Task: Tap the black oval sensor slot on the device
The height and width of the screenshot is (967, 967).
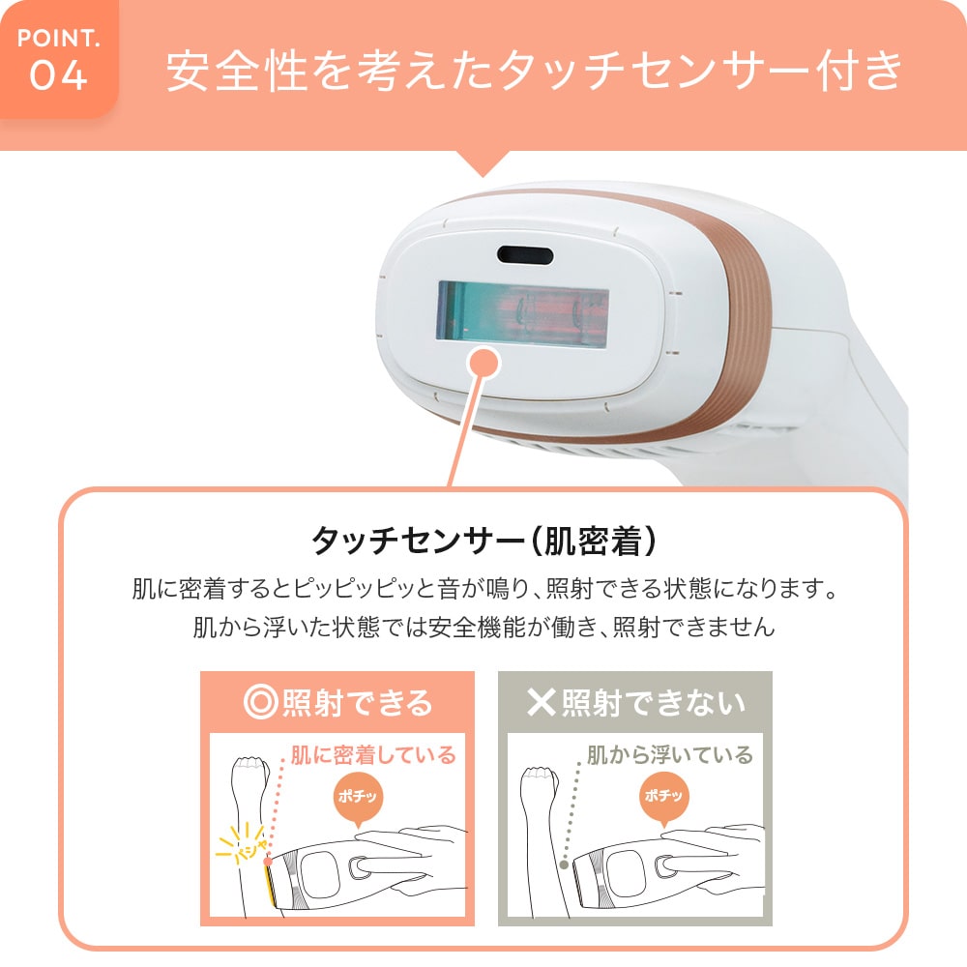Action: [x=525, y=255]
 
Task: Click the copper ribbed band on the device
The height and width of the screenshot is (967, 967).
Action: [x=745, y=319]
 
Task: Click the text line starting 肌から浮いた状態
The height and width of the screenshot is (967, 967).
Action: [x=483, y=628]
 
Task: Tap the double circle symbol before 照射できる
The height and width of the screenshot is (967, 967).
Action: [x=260, y=702]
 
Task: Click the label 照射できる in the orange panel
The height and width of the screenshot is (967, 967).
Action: [x=357, y=702]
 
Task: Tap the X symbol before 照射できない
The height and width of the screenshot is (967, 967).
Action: [x=541, y=702]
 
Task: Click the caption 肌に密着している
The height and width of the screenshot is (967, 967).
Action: [x=373, y=754]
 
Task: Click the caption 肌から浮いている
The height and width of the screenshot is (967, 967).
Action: [x=669, y=754]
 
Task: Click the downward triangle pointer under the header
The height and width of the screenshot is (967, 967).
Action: [x=483, y=162]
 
